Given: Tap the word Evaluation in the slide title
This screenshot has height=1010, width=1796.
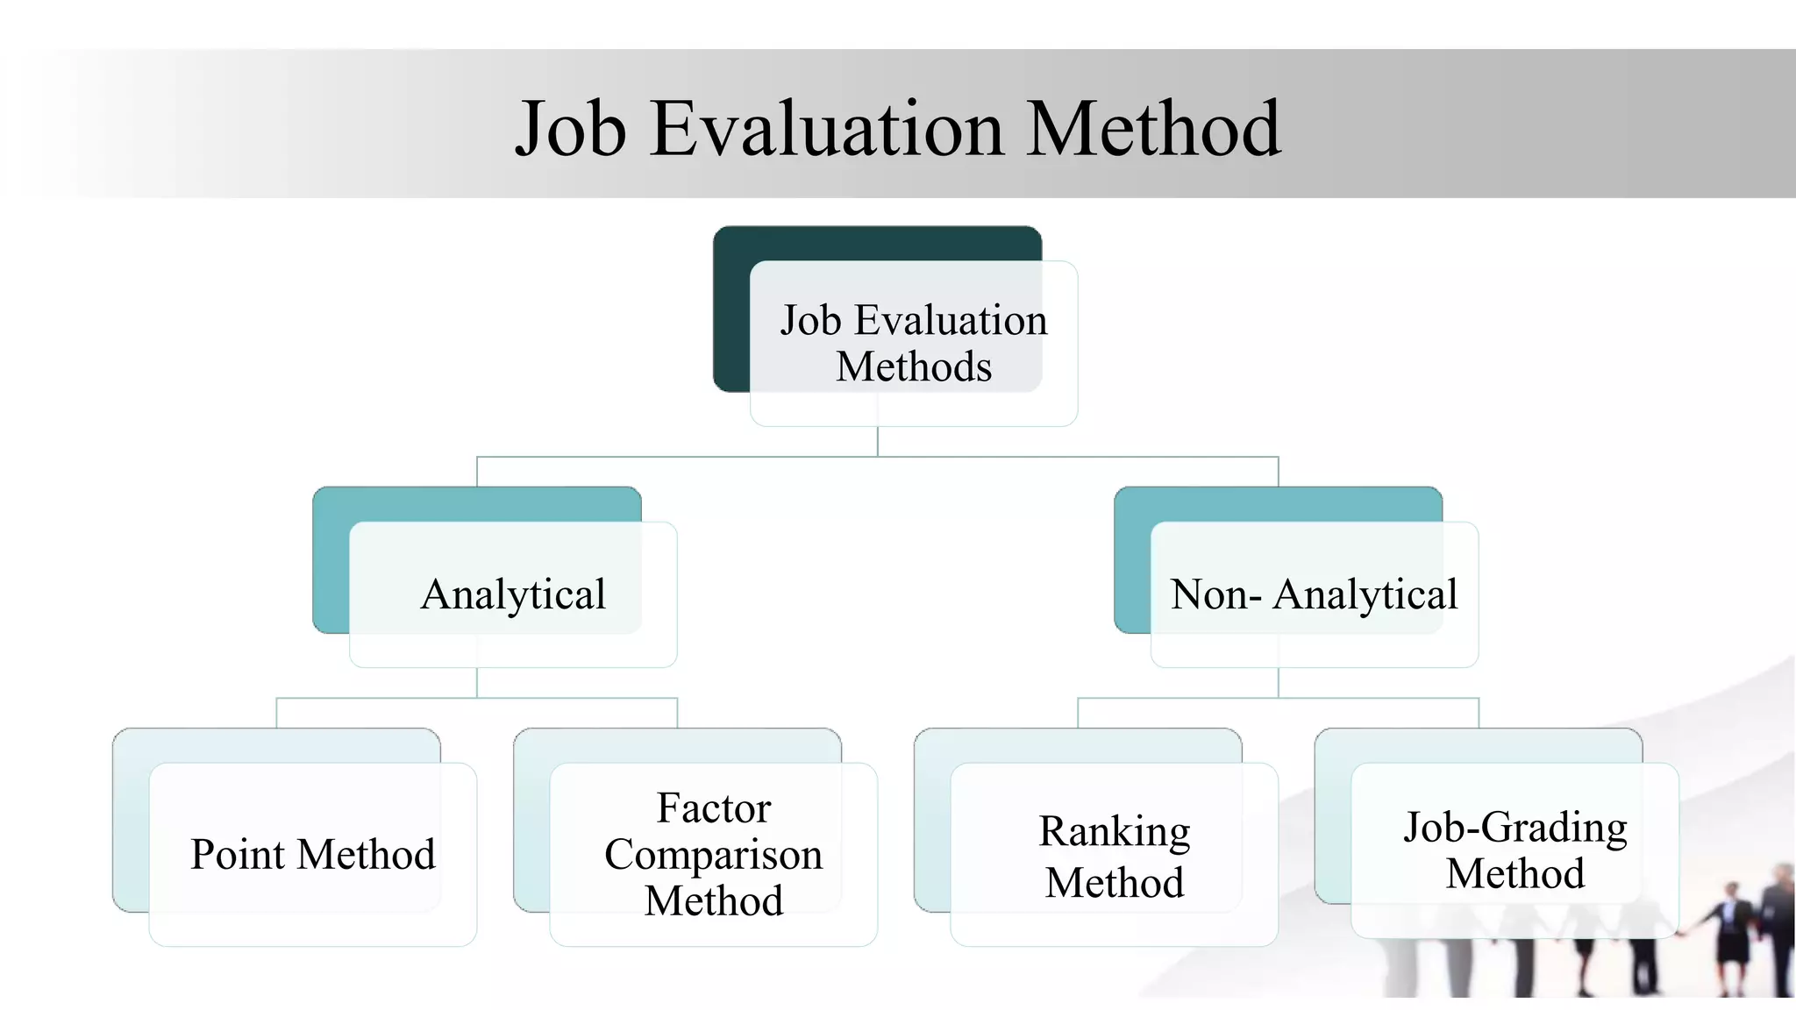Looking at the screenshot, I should click(825, 129).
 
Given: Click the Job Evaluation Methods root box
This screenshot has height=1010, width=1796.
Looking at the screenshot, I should click(914, 343).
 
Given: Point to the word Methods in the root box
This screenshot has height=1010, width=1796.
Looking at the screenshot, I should click(914, 366).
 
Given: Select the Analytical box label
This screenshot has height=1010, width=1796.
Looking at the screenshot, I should click(513, 594).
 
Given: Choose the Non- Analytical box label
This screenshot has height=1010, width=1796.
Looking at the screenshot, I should click(1314, 594).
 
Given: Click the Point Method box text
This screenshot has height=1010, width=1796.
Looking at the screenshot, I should click(312, 854).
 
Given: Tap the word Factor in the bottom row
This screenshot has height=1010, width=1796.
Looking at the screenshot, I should click(714, 807).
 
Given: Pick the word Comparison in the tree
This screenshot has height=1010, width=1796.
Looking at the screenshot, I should click(714, 854).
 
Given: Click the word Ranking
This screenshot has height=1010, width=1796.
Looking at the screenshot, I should click(1114, 831).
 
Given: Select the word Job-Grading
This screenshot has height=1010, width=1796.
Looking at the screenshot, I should click(1514, 827).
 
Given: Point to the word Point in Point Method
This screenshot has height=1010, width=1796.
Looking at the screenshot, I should click(238, 854).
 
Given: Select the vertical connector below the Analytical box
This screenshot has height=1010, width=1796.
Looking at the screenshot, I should click(477, 683).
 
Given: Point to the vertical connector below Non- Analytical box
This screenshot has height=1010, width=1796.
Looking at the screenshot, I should click(1279, 683).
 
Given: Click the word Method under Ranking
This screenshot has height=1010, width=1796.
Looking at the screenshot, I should click(1114, 882).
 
